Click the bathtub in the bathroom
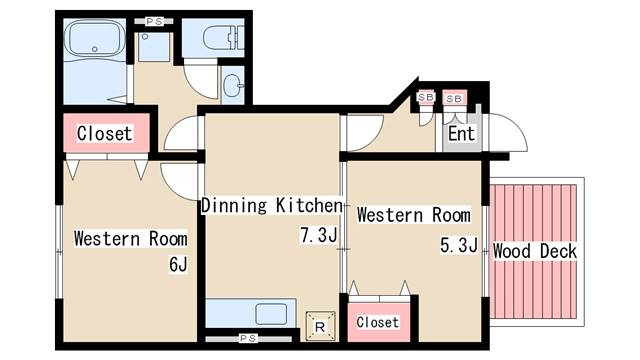coord(95,40)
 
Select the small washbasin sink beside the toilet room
coord(233,85)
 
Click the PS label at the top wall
coord(154,21)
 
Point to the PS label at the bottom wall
coord(248,338)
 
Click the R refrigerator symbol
coord(320,326)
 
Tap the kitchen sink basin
coord(271,314)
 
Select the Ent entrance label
coord(461,133)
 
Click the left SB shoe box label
coord(425,97)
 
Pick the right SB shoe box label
coord(454,98)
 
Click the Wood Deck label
coord(535,251)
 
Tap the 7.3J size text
coord(319,235)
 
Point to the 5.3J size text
coord(459,245)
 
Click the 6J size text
coord(178,264)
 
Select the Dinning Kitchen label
coord(272,205)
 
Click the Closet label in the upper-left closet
coord(105,133)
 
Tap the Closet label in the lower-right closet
coord(378,322)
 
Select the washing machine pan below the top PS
coord(153,47)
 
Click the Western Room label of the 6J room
coord(131,239)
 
